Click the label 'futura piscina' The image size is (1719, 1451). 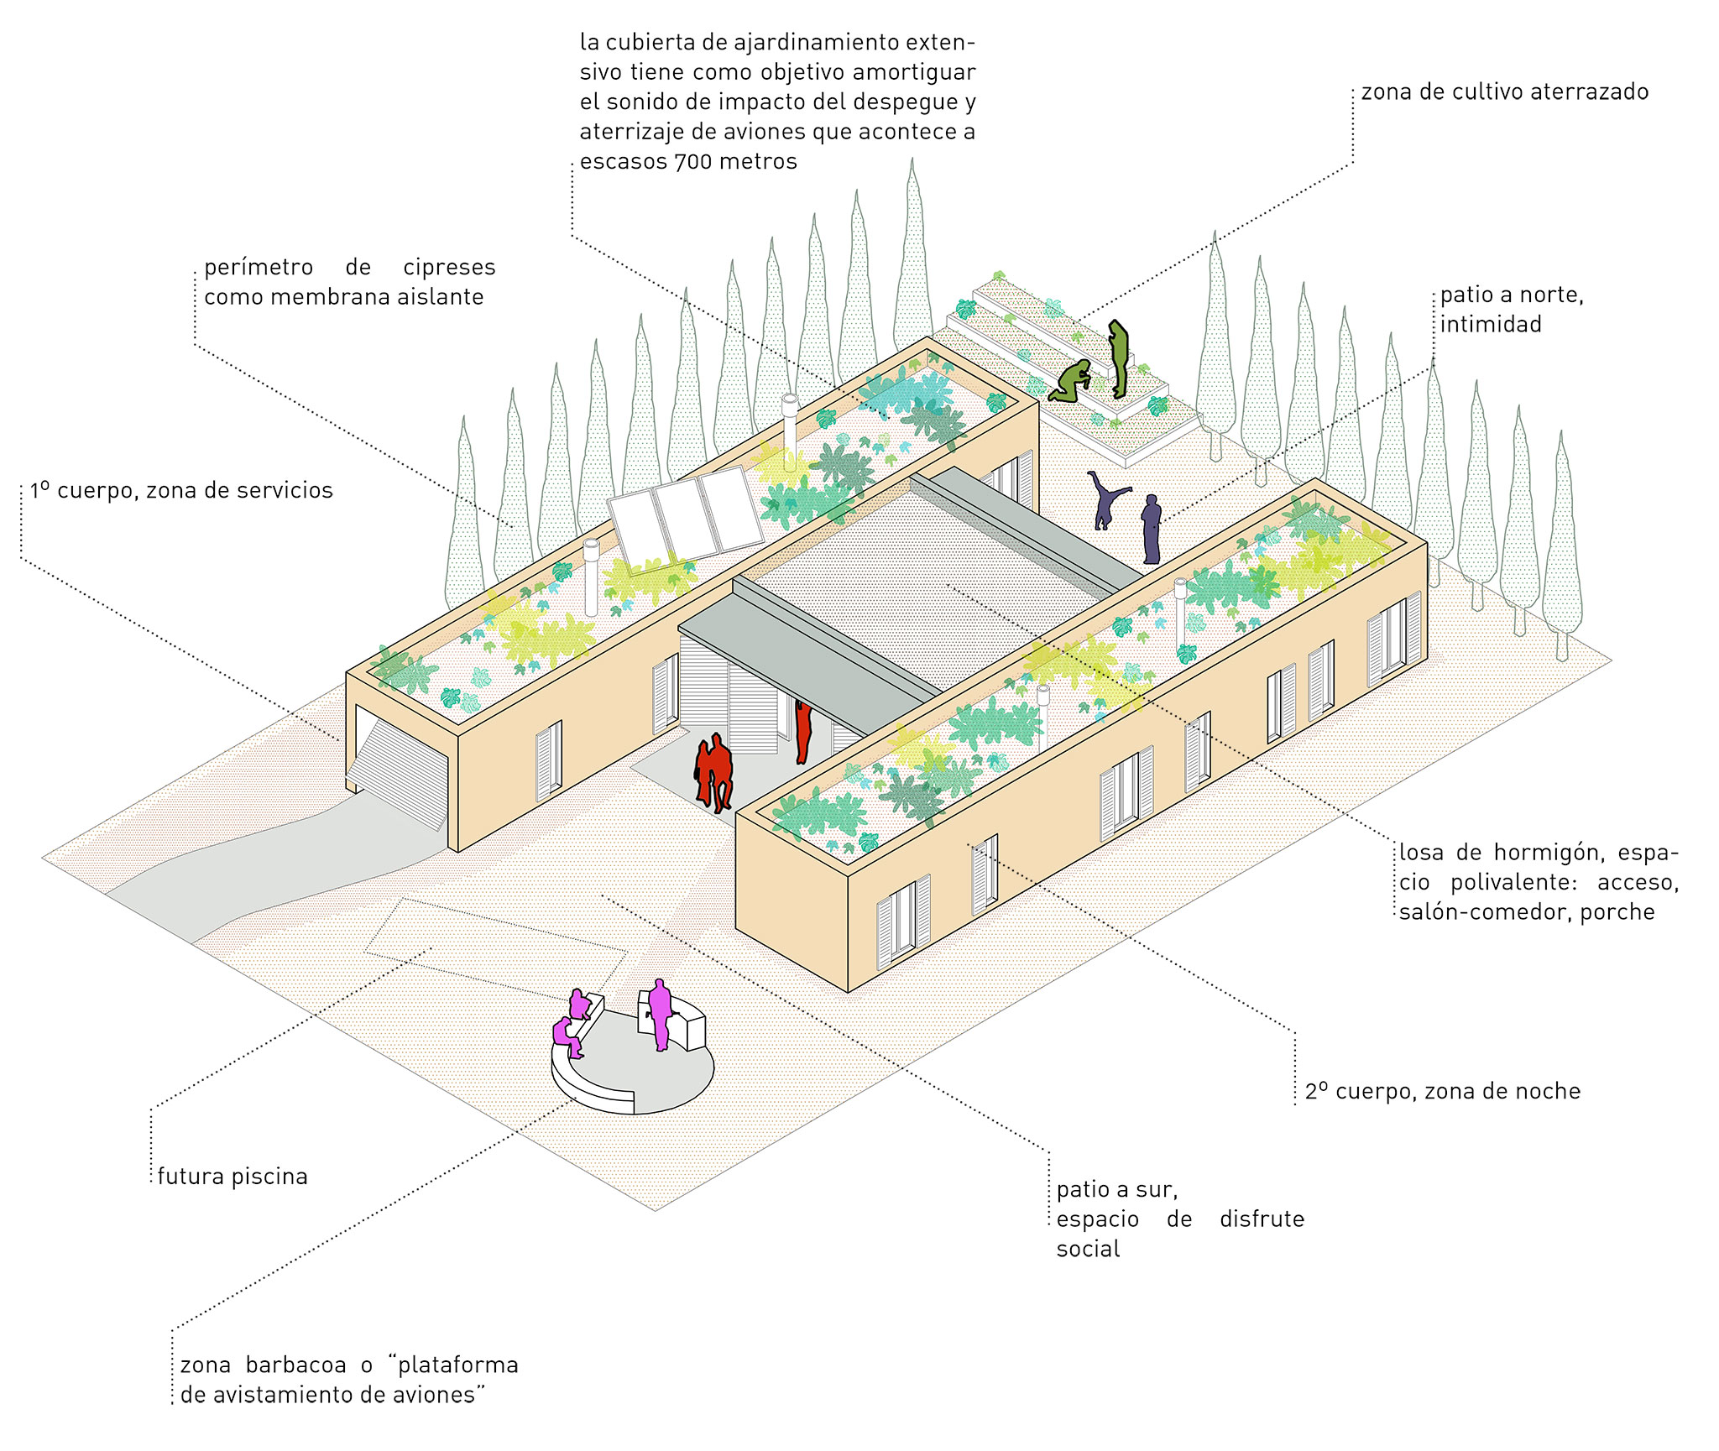(233, 1177)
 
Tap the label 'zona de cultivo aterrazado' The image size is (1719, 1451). (1505, 91)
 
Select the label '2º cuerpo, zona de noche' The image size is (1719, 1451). (1443, 1091)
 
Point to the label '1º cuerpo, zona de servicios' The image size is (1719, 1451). (181, 490)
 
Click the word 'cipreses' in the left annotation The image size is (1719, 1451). (449, 268)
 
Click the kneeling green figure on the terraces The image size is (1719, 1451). (1070, 381)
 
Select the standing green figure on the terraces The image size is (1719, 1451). (1118, 358)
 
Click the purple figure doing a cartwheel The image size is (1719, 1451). (1106, 499)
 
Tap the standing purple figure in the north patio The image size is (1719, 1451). (1152, 529)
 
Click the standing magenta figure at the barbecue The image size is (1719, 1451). (660, 1014)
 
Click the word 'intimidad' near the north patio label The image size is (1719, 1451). (1491, 324)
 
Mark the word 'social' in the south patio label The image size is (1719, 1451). (1088, 1249)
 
